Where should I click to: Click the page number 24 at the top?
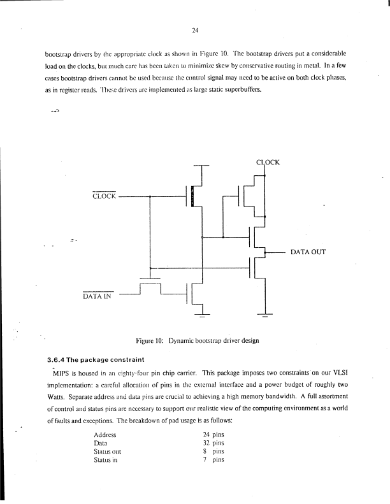pyautogui.click(x=196, y=29)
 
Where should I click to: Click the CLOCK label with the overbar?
pyautogui.click(x=105, y=196)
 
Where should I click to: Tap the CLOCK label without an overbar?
pyautogui.click(x=268, y=162)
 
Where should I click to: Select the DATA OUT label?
pyautogui.click(x=308, y=252)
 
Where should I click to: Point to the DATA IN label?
pyautogui.click(x=97, y=296)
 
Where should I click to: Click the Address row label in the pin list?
pyautogui.click(x=105, y=434)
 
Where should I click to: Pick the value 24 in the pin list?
pyautogui.click(x=206, y=434)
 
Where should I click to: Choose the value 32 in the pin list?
pyautogui.click(x=206, y=442)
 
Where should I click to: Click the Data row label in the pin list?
pyautogui.click(x=100, y=442)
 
